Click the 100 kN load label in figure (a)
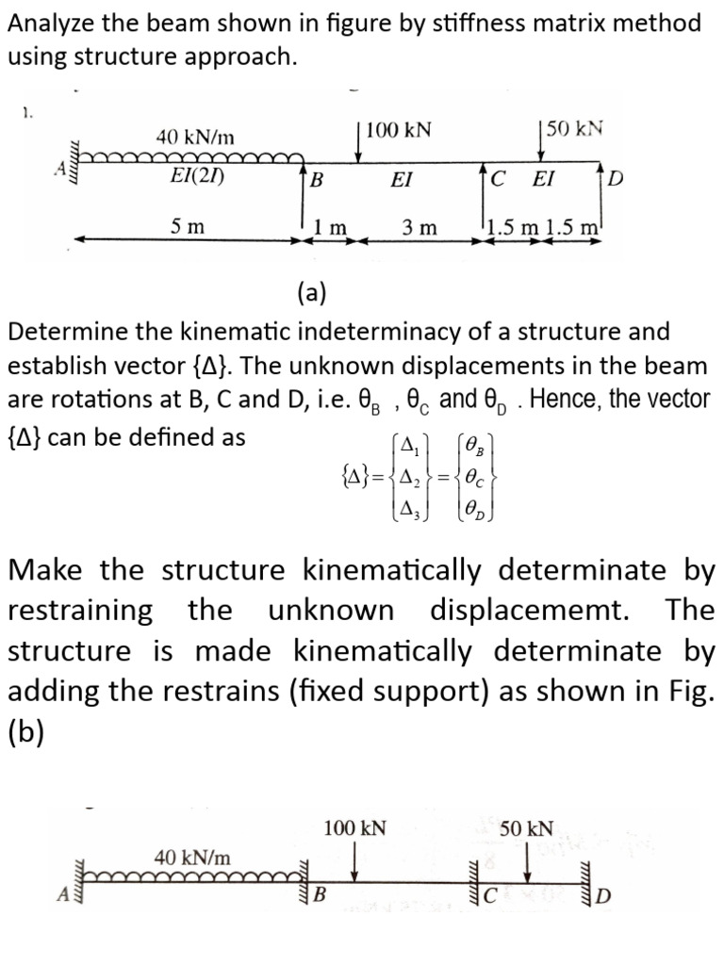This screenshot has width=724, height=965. pos(399,129)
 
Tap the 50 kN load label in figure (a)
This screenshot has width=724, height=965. pos(575,129)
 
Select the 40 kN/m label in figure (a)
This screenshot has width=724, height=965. pos(195,138)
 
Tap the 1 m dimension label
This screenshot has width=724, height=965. pos(331,227)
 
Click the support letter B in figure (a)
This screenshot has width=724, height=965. pos(318,180)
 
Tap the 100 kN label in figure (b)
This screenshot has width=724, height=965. pos(354,828)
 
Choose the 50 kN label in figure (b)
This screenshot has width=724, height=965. pos(527,828)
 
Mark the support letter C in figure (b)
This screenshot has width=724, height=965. pos(489,895)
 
